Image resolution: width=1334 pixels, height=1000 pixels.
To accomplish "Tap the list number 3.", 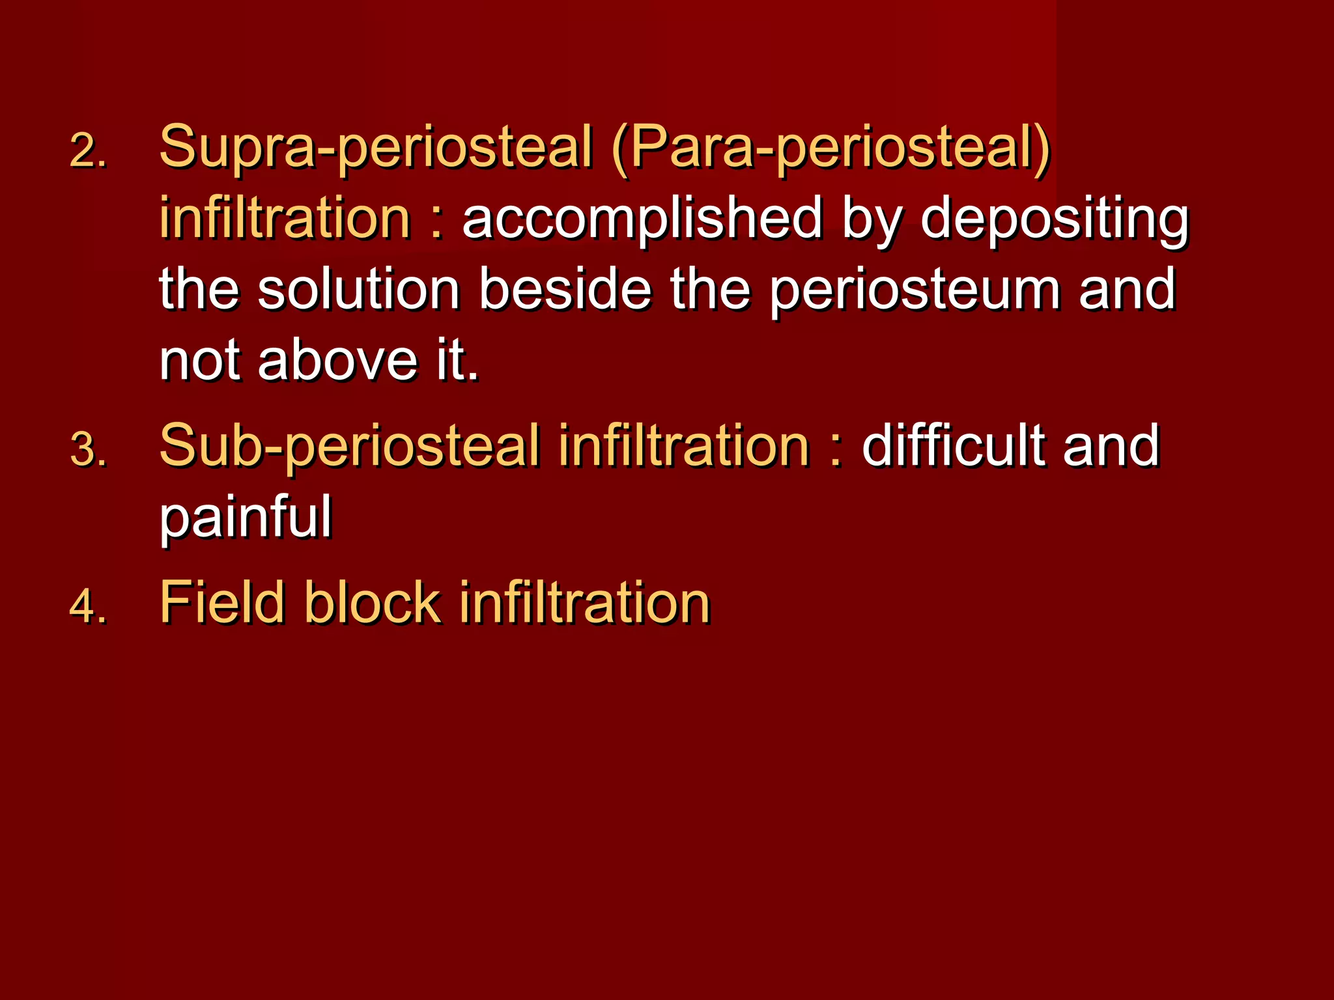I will pyautogui.click(x=87, y=450).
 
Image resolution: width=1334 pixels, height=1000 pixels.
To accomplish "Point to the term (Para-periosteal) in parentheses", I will pyautogui.click(x=830, y=147).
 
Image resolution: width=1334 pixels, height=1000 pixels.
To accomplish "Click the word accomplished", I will pyautogui.click(x=642, y=219).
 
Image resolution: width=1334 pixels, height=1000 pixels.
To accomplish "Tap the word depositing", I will pyautogui.click(x=1055, y=219).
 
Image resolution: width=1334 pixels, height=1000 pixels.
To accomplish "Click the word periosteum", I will pyautogui.click(x=915, y=290).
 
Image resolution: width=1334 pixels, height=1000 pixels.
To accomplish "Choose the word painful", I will pyautogui.click(x=246, y=518).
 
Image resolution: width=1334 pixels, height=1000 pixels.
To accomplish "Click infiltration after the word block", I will pyautogui.click(x=584, y=602).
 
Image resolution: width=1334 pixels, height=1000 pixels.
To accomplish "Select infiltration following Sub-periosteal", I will pyautogui.click(x=684, y=446).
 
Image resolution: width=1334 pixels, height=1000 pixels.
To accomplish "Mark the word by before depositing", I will pyautogui.click(x=872, y=219).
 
